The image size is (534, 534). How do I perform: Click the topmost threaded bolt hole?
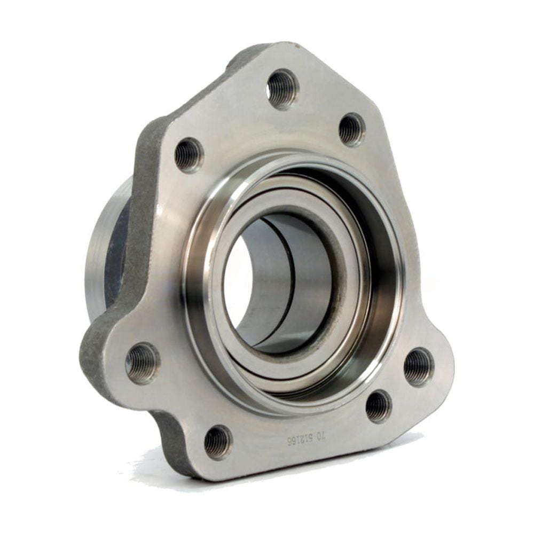pyautogui.click(x=282, y=88)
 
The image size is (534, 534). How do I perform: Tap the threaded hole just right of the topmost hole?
pyautogui.click(x=352, y=129)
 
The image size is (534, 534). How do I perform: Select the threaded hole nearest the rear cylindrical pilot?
pyautogui.click(x=189, y=155)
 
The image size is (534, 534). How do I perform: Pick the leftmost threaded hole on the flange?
pyautogui.click(x=143, y=363)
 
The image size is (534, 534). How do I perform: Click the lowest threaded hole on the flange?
pyautogui.click(x=218, y=442)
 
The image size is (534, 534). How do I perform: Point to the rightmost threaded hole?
pyautogui.click(x=418, y=366)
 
